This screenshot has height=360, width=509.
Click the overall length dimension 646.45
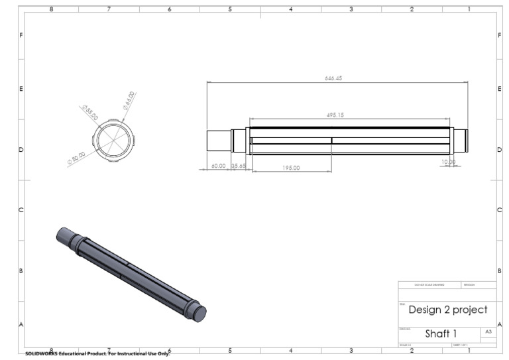[333, 78]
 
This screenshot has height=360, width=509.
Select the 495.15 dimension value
[335, 115]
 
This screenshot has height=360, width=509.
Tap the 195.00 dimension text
[291, 168]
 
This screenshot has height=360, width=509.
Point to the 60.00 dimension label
[218, 166]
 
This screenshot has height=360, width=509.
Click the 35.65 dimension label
[238, 166]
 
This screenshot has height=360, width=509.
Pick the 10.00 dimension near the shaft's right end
[449, 162]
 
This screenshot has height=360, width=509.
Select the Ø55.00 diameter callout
[90, 112]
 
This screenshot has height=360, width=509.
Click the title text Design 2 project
[447, 310]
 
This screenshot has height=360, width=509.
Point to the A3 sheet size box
[488, 331]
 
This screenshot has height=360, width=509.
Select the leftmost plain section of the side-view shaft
[218, 141]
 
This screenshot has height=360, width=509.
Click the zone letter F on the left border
[21, 34]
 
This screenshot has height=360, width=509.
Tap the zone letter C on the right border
[499, 210]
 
